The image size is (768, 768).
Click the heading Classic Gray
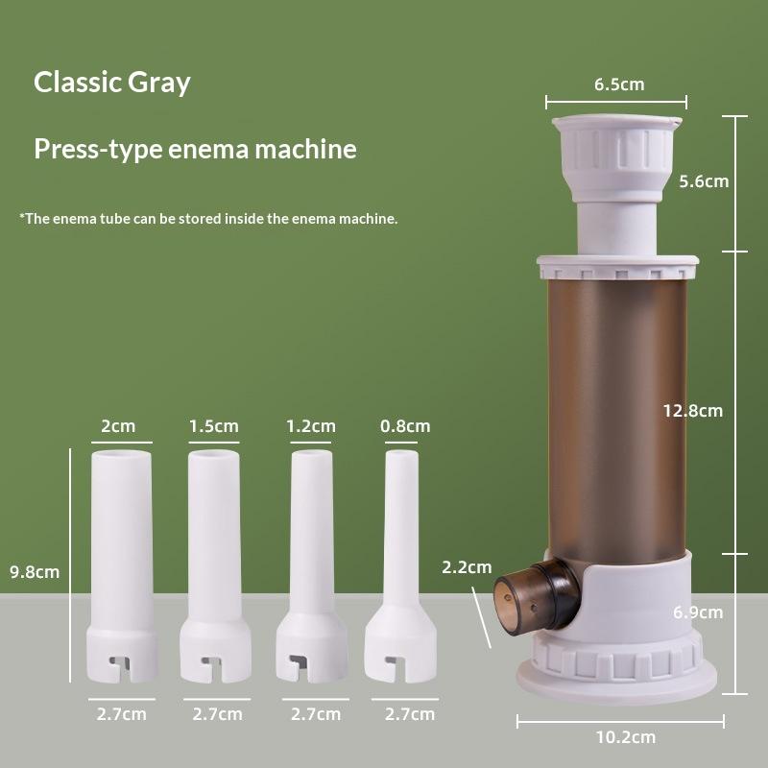(112, 83)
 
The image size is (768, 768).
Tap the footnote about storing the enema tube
(208, 219)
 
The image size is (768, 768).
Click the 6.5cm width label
(618, 84)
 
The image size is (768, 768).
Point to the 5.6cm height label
(703, 180)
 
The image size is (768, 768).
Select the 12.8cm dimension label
(692, 410)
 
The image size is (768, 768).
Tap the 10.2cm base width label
(624, 737)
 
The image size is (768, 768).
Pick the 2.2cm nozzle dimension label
(467, 567)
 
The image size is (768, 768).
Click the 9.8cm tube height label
(35, 572)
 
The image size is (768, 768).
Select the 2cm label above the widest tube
(119, 426)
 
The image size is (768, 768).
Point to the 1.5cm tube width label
(213, 426)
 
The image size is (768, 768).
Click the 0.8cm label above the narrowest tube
(405, 426)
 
